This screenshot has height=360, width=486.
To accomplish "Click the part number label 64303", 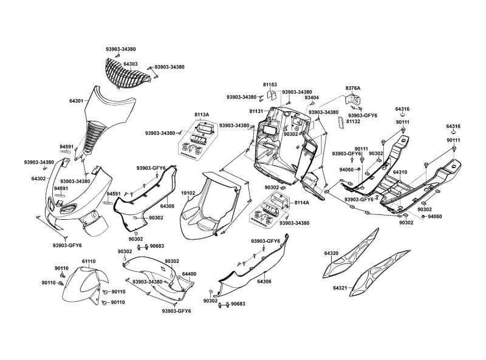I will (x=131, y=63).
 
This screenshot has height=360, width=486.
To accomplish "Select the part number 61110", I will (x=89, y=261).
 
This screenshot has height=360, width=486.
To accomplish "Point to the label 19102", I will (x=188, y=193).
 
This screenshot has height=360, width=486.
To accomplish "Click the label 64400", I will (x=189, y=274).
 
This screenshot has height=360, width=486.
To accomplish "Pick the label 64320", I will (x=332, y=253).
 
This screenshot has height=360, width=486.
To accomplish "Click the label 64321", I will (x=340, y=288).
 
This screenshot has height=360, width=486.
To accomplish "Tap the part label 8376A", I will (x=353, y=88).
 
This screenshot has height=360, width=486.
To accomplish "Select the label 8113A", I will (x=202, y=114).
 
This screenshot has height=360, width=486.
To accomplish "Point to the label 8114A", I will (x=302, y=202).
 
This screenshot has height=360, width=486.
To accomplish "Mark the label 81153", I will (x=270, y=85).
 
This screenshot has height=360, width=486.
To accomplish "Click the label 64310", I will (x=400, y=172).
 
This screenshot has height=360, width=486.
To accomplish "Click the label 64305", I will (x=167, y=206).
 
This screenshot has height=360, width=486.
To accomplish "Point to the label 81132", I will (x=354, y=121).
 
